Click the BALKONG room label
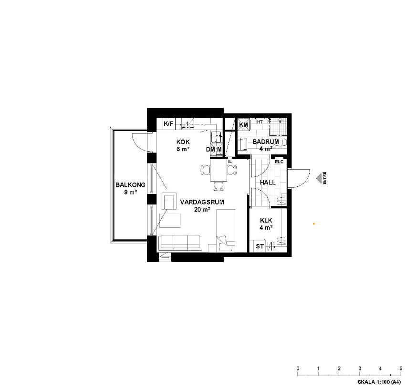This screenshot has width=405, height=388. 130,185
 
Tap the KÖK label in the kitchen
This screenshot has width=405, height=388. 183,142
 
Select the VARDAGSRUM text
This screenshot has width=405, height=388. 202,202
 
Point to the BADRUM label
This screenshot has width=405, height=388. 266,142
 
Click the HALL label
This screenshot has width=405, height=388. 268,183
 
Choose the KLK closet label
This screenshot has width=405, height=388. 266,221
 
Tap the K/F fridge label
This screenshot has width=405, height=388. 168,124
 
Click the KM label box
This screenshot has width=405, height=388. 244,125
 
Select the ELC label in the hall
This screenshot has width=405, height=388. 279,162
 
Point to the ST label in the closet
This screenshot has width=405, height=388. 260,246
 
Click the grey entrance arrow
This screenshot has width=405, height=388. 319,178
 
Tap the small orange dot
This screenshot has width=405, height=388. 314,224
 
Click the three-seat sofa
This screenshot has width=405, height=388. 180,243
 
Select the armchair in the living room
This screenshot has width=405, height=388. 169,201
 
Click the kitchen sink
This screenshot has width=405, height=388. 216,137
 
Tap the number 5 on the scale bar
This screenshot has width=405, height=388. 401,368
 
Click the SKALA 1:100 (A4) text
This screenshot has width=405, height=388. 379,382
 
